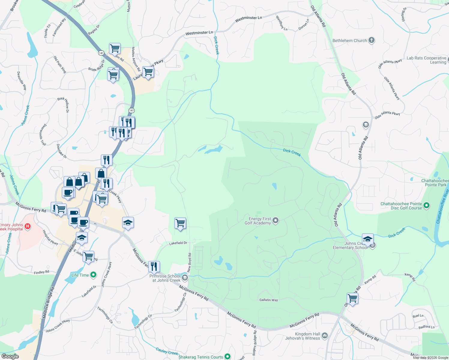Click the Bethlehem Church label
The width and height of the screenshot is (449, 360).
click(350, 40)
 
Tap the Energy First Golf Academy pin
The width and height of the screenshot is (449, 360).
click(276, 221)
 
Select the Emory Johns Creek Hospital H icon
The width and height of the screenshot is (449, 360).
click(28, 226)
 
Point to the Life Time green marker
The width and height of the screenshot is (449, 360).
click(93, 275)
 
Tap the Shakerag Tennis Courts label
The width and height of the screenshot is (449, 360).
click(201, 357)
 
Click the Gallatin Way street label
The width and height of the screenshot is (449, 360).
click(269, 300)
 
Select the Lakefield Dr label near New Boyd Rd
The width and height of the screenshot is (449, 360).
click(178, 243)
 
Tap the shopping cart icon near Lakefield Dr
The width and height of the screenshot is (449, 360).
click(180, 223)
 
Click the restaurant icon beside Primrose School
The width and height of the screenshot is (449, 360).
click(154, 266)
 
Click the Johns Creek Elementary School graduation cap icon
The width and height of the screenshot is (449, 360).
click(368, 239)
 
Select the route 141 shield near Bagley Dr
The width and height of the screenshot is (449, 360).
click(101, 53)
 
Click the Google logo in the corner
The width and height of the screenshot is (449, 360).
click(10, 356)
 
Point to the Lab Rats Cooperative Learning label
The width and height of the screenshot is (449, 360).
click(426, 60)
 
